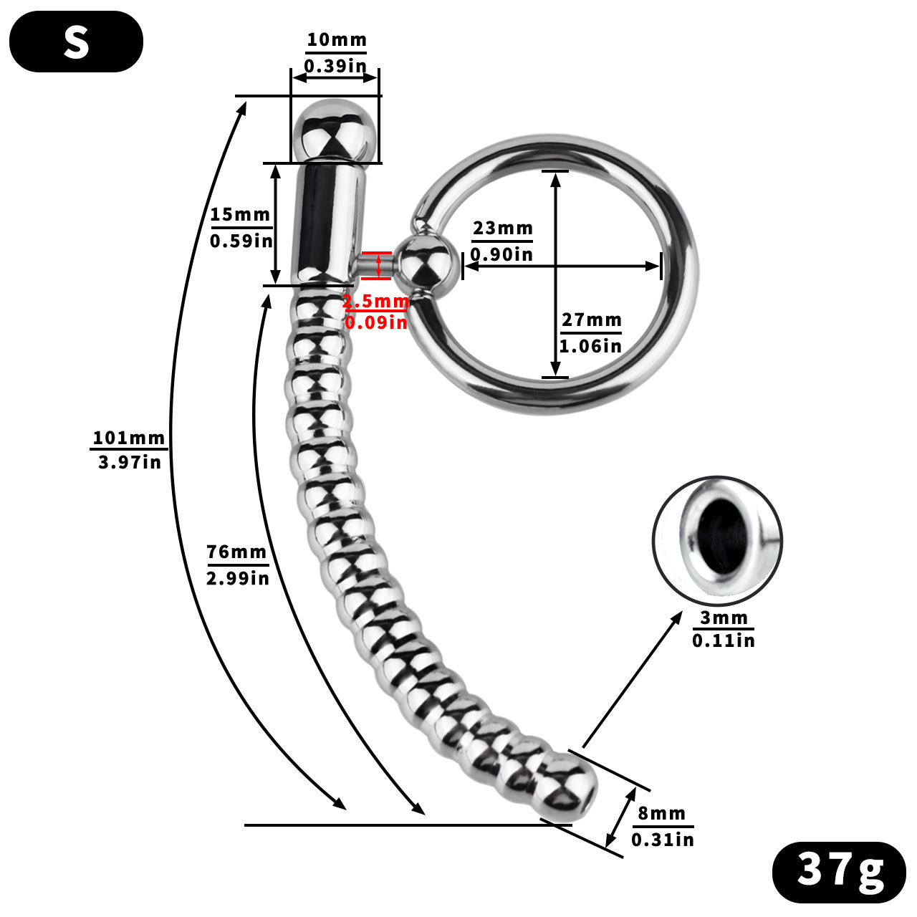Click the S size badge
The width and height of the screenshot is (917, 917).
[76, 42]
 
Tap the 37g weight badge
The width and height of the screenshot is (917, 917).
[839, 871]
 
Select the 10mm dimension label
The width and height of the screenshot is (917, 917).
[336, 40]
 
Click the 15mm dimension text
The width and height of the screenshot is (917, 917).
[240, 214]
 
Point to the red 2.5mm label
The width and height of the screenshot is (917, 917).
[375, 302]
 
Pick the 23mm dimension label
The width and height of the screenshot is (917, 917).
[503, 229]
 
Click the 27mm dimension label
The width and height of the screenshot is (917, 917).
[591, 320]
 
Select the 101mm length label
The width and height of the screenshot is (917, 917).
[129, 438]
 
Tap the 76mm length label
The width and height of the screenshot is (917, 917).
[236, 552]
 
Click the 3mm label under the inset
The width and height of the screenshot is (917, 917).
[724, 618]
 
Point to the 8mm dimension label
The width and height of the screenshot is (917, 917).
[662, 814]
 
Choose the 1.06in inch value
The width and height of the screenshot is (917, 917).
[590, 346]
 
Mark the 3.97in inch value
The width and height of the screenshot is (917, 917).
[130, 462]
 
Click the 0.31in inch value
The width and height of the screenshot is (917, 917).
[663, 839]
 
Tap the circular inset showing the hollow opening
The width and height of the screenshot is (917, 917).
[718, 540]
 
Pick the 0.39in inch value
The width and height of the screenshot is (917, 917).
[335, 66]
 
